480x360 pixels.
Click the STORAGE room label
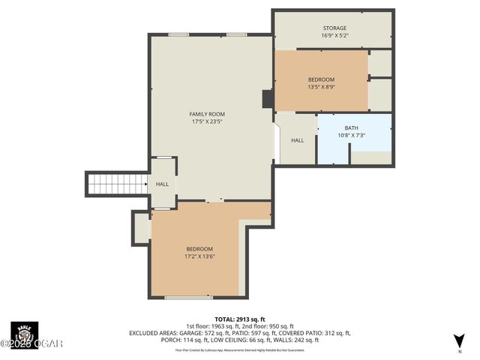tap(334, 28)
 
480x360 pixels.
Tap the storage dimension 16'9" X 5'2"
tap(334, 36)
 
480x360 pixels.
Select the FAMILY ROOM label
tap(206, 114)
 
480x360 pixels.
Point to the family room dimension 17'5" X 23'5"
tap(206, 121)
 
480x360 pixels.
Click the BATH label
tap(351, 128)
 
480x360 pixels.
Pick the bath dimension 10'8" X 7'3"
tap(351, 136)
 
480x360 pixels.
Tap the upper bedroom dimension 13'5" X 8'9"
tap(321, 87)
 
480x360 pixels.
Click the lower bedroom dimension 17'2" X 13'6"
tap(199, 256)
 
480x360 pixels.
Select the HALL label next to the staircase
tap(162, 184)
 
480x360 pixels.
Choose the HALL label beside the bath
tap(297, 140)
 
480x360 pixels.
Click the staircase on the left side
tap(117, 184)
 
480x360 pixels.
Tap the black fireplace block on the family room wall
tap(267, 100)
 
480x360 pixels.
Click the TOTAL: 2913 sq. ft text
tap(240, 319)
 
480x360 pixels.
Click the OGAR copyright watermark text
tap(34, 343)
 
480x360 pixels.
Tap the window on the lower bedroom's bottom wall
tap(188, 298)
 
